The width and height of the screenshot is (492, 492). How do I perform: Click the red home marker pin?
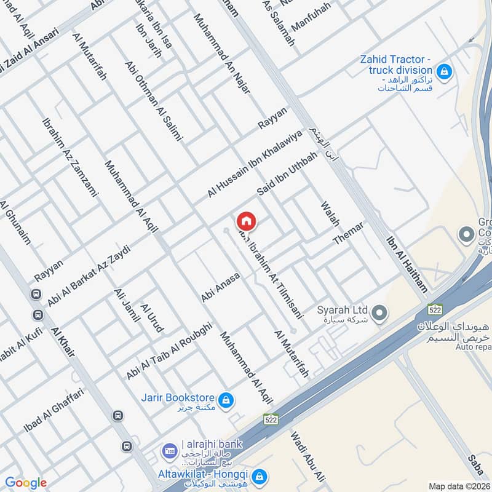coord(246,221)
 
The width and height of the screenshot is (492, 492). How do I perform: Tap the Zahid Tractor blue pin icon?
coord(446,72)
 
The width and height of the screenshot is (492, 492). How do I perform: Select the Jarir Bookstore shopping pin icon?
coord(226,400)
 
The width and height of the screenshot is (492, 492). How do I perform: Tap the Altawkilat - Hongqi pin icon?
coord(260,476)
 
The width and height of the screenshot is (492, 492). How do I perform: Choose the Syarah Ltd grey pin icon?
coord(380,314)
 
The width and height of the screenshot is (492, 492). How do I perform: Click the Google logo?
coord(26,483)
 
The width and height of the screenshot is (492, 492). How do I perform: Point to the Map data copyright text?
coord(459,486)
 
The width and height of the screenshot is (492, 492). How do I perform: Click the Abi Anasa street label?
coord(220,288)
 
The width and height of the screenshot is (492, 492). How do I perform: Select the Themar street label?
coord(349,234)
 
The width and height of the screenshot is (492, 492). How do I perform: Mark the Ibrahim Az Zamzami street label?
coord(70,156)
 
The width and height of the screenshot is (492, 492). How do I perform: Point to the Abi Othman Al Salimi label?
coord(153,101)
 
